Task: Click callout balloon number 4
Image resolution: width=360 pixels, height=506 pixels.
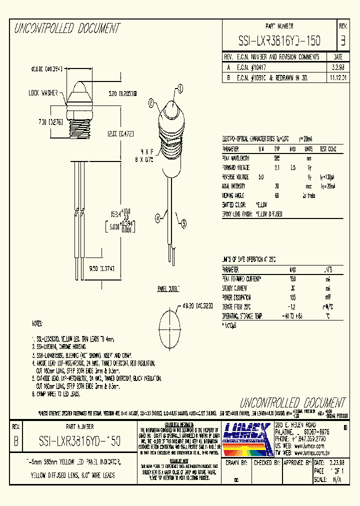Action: click(158, 217)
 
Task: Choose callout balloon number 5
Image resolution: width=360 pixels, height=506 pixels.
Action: click(183, 225)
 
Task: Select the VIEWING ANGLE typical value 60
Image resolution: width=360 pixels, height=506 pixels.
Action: click(276, 195)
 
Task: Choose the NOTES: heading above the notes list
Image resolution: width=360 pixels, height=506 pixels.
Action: click(38, 323)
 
